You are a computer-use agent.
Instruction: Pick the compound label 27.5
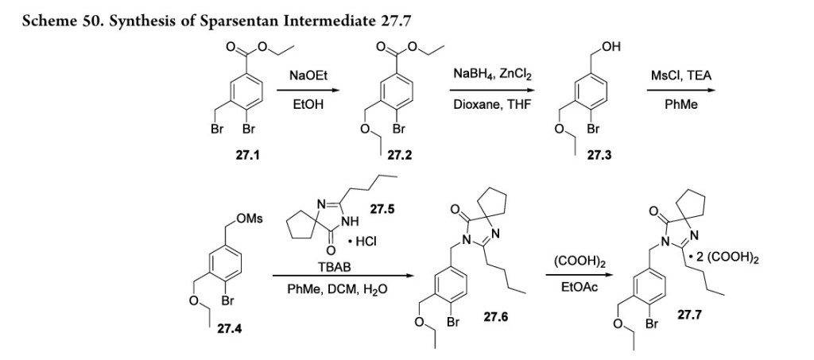[386, 210]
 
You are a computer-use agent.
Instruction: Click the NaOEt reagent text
[309, 75]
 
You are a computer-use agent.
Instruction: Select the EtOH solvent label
[309, 103]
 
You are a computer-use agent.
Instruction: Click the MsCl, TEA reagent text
[681, 75]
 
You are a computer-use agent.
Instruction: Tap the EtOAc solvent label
[569, 289]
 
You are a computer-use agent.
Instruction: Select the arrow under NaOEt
[309, 90]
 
